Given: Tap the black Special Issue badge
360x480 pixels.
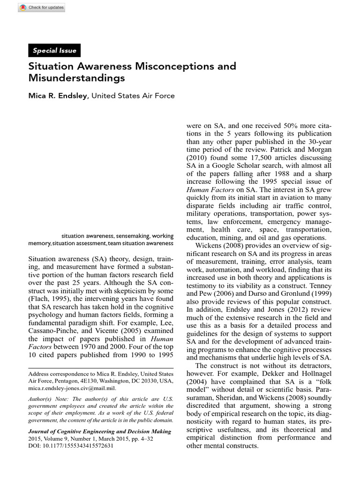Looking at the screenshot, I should pyautogui.click(x=54, y=51).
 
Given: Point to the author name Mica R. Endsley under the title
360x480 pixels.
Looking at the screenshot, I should pyautogui.click(x=58, y=96).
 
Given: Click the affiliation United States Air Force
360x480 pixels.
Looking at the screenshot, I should pyautogui.click(x=133, y=96).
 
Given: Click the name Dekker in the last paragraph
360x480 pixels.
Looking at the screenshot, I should pyautogui.click(x=254, y=374).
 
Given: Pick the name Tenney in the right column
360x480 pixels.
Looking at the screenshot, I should pyautogui.click(x=320, y=285).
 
